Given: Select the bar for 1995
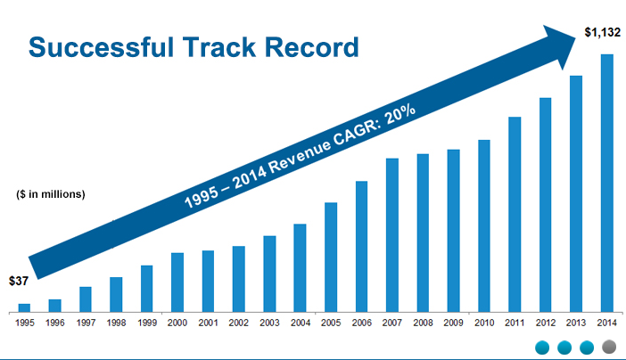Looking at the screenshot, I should pos(24,307).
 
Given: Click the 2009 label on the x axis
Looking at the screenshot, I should pos(453,323).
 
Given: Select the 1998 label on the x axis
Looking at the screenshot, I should pos(116,323).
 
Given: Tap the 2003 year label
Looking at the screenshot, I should pos(269,323).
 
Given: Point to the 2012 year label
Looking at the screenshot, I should pos(545,323).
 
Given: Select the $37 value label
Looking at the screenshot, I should pos(19,281).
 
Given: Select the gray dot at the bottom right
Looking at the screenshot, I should pos(609,348).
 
